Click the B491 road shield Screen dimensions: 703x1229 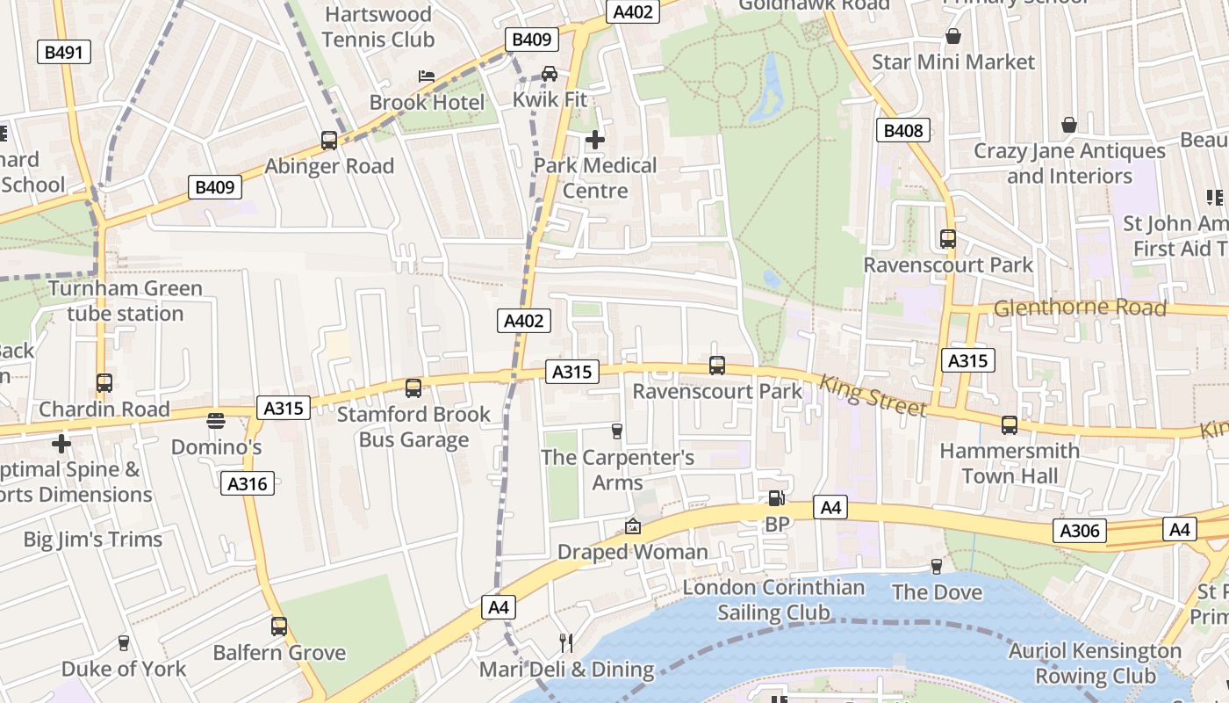pos(63,52)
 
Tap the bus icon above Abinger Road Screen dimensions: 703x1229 pos(329,140)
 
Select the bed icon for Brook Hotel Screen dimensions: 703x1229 pos(427,76)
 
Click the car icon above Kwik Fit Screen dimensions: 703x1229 pos(550,74)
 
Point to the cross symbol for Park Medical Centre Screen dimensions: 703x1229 pos(595,139)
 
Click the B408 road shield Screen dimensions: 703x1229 pos(902,131)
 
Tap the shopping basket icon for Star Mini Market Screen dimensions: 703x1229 pos(953,36)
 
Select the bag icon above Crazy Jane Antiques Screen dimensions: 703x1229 pos(1069,125)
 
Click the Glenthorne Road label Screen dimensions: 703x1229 pos(1080,308)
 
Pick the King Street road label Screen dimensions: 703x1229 pos(873,396)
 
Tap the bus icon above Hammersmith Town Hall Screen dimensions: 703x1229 pos(1010,425)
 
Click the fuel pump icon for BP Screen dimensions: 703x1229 pos(776,498)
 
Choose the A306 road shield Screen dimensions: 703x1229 pos(1079,531)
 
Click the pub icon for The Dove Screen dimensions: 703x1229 pos(937,567)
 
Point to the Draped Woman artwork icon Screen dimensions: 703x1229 pos(632,526)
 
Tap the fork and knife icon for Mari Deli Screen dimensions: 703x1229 pos(566,643)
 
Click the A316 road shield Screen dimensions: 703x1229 pos(248,482)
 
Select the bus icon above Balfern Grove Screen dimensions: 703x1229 pos(279,627)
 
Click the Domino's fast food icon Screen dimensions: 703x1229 pos(216,421)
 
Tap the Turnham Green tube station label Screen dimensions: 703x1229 pos(125,301)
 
